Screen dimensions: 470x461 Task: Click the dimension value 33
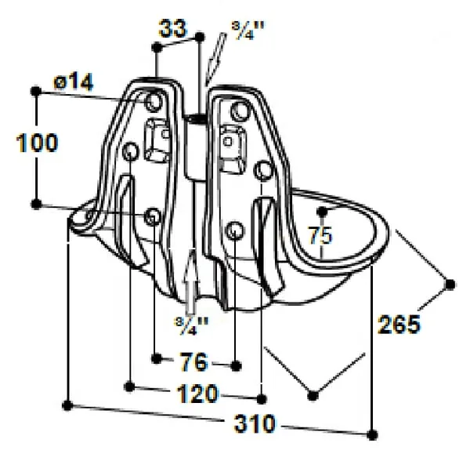173,28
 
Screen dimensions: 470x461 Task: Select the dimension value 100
37,143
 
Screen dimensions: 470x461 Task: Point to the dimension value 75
320,235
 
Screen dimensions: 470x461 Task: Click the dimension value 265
399,325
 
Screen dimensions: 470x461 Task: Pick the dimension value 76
193,361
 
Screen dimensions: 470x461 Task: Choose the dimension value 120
197,394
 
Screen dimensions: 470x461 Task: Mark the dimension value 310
255,423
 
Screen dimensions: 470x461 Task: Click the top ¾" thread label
248,31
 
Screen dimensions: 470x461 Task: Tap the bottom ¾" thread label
191,325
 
